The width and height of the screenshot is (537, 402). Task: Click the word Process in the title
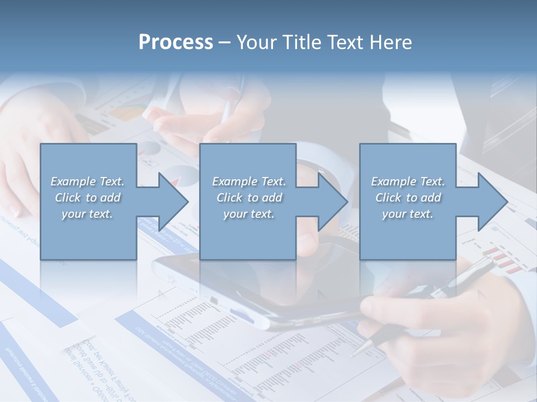point(176,42)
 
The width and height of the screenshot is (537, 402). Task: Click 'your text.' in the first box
point(87,214)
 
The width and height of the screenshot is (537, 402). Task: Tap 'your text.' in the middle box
point(249,214)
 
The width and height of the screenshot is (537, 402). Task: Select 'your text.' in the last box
point(408,214)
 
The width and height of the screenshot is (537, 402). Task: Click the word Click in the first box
point(68,198)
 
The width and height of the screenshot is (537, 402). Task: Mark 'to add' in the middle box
point(265,198)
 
